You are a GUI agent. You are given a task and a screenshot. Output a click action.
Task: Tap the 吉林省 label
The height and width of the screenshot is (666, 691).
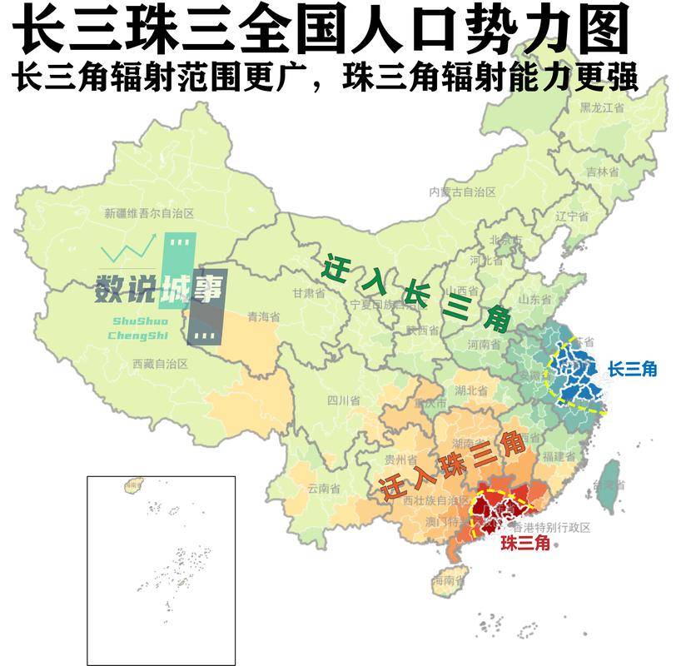602,172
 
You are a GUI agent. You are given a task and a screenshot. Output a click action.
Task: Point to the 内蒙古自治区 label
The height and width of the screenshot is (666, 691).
462,191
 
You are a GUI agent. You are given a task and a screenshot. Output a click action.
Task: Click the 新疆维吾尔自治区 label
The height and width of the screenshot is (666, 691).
149,213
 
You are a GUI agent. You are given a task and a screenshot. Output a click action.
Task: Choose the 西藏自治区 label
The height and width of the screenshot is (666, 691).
161,364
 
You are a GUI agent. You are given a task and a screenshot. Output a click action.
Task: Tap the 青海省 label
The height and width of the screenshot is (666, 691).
263,316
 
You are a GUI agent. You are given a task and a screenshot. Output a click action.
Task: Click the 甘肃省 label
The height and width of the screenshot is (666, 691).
308,293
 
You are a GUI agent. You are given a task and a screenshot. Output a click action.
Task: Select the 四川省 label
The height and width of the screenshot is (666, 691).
342,400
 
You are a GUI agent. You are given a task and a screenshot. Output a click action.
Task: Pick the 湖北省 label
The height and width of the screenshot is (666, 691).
471,390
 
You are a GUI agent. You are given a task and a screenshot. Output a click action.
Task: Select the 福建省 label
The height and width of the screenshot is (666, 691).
559,456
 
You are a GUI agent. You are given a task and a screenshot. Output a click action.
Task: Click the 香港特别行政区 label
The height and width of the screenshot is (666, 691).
550,528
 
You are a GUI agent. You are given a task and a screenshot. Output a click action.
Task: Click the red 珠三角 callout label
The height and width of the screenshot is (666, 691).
524,544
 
